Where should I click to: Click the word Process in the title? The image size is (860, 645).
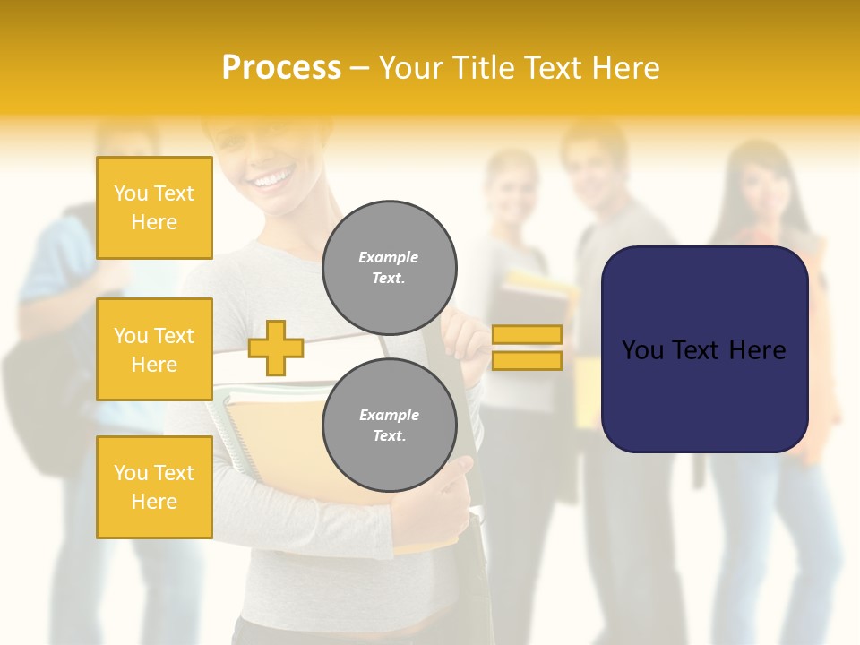click(281, 68)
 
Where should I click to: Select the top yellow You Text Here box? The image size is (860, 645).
click(154, 208)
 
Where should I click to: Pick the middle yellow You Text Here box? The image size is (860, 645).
click(154, 349)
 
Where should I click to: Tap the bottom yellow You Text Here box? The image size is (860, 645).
click(154, 486)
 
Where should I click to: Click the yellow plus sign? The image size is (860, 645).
click(276, 348)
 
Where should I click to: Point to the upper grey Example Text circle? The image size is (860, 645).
click(389, 268)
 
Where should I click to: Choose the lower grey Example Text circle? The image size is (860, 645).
click(389, 426)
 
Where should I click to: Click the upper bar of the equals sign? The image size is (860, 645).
click(527, 335)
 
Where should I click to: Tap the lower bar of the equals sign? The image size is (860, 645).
click(527, 360)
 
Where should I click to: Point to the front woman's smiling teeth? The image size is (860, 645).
click(271, 182)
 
